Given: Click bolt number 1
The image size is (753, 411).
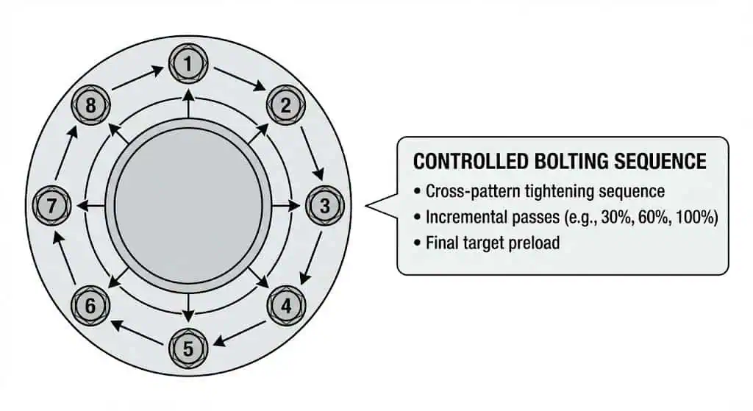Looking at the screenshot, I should [x=188, y=64].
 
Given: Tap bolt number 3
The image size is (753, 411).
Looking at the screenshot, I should [x=325, y=206].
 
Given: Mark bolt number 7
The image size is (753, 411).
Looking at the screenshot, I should [x=51, y=206].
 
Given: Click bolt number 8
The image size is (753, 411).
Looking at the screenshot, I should [x=90, y=105].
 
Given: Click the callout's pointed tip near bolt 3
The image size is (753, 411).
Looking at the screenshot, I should [x=368, y=207].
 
